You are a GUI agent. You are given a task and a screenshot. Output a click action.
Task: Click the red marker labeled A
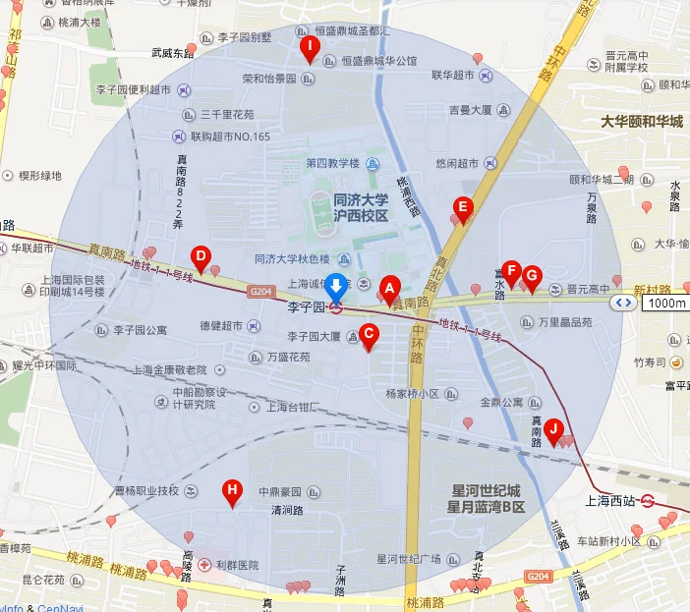point(388,288)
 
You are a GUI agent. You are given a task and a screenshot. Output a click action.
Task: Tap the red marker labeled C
point(369,333)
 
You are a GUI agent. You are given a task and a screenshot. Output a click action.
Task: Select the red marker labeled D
point(201,258)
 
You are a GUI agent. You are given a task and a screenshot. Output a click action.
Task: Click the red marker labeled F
point(511,272)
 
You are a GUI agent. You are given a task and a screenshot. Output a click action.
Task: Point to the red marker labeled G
point(532,276)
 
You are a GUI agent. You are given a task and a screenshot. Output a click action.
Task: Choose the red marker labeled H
point(232,489)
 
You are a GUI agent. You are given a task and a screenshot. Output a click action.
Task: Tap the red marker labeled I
point(310,47)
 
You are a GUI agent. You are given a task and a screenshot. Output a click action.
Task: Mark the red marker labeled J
point(553,428)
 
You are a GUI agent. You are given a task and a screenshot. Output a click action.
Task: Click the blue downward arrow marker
point(336,287)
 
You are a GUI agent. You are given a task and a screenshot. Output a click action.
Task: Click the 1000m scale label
point(666,303)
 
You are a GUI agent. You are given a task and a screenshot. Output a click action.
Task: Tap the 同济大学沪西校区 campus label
point(361,206)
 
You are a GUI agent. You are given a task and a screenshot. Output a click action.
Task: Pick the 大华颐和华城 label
point(641,122)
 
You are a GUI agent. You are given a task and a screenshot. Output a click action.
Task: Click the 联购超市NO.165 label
point(229,136)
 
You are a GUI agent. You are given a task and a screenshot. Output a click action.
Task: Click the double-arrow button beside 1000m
point(622,303)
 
